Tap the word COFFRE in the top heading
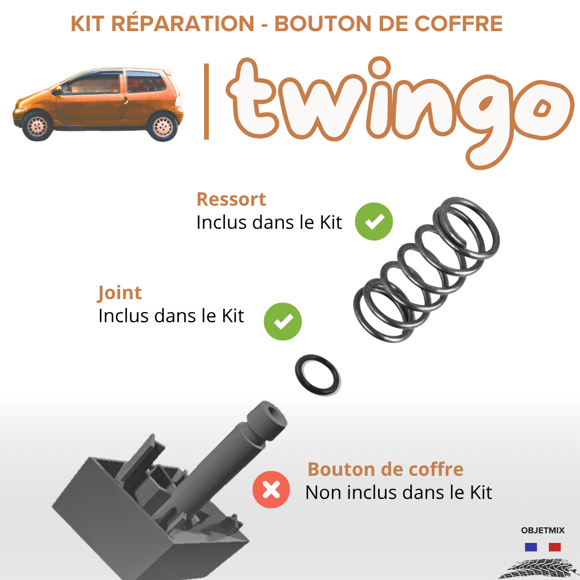click(x=458, y=24)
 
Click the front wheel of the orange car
click(x=38, y=126)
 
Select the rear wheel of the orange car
click(x=163, y=127)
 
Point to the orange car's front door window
click(x=92, y=84)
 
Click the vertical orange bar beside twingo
click(x=206, y=102)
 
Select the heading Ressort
click(x=231, y=199)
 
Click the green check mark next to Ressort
click(x=374, y=221)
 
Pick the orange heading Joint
click(x=119, y=293)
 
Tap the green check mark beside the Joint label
click(x=282, y=322)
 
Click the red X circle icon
click(x=271, y=489)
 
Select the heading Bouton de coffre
click(x=386, y=469)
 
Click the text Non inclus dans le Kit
click(x=398, y=492)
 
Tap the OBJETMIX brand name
click(x=542, y=531)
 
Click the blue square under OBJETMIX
click(x=531, y=547)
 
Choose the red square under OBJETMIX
click(x=554, y=547)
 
